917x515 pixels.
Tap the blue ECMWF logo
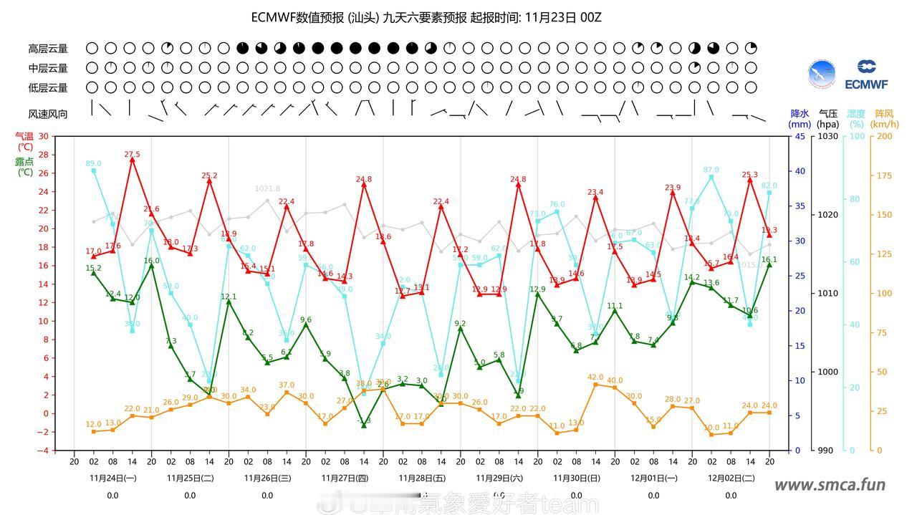(x=866, y=75)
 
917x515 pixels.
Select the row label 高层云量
(x=48, y=49)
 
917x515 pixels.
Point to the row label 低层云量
(x=48, y=87)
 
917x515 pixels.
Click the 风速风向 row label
(x=48, y=114)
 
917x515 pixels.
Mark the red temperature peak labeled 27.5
(x=133, y=155)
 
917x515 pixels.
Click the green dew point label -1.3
(x=364, y=421)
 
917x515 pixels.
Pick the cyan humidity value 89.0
(x=94, y=164)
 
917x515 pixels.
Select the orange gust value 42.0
(x=595, y=377)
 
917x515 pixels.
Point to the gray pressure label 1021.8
(x=267, y=189)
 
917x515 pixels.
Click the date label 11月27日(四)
(x=345, y=478)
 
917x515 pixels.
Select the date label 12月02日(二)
(x=731, y=478)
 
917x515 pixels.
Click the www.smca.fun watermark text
(x=830, y=486)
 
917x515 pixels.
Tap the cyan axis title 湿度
(x=856, y=113)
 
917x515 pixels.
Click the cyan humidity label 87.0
(x=711, y=170)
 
